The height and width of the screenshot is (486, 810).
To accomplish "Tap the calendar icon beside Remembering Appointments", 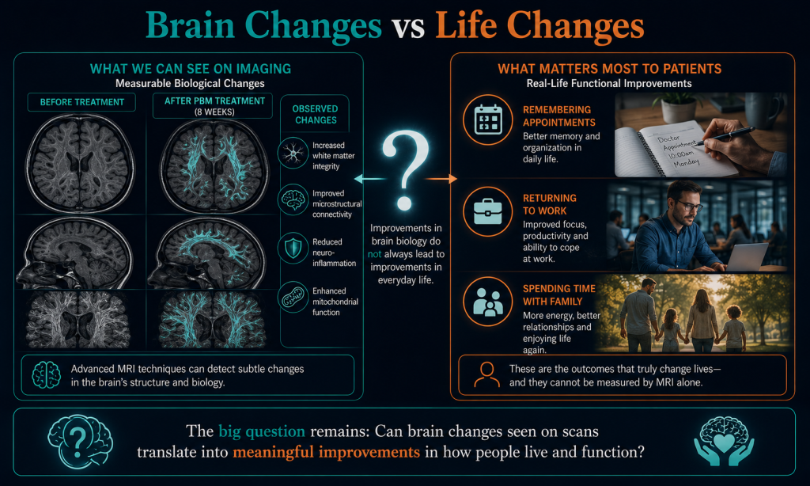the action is (488, 120).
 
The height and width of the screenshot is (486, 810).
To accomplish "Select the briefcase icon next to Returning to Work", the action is (487, 211).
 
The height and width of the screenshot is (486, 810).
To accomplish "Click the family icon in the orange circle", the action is (487, 302).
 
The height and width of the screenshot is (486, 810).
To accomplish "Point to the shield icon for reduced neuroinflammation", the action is (293, 249).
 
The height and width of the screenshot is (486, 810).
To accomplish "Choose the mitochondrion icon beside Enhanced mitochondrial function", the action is (293, 298).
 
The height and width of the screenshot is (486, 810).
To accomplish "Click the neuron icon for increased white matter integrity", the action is (293, 153).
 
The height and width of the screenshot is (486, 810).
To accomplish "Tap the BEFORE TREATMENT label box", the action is (81, 102).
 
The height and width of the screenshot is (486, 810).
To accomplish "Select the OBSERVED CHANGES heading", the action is (315, 114).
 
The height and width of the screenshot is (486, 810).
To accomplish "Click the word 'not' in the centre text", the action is (374, 254).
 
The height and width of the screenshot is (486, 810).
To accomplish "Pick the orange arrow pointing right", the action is (441, 179).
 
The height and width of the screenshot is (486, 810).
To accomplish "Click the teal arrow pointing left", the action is (370, 179).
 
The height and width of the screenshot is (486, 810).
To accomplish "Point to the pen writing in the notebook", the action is (726, 135).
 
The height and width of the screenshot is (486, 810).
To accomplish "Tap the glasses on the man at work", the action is (690, 207).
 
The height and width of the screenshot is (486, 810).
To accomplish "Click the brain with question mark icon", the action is (80, 441).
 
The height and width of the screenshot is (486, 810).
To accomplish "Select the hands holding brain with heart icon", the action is (724, 441).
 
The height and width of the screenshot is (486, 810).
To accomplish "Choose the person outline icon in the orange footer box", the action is (486, 375).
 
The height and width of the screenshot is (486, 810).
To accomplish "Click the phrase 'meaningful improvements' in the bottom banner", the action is (326, 453).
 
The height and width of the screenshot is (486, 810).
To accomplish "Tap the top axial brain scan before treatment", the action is (80, 163).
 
